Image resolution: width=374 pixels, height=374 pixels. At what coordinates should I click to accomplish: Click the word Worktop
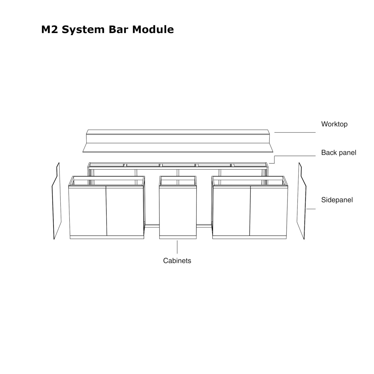point(334,124)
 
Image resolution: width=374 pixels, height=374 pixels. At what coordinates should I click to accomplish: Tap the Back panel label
point(339,152)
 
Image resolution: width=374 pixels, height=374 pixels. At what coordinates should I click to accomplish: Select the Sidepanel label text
point(337,200)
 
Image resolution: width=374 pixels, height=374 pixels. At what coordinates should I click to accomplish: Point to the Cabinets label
point(177,261)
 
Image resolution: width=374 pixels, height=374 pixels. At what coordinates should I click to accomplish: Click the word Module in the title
point(153,30)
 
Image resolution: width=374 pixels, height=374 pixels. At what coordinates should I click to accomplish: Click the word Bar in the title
point(119,30)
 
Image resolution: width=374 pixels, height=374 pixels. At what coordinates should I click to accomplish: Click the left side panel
point(56,201)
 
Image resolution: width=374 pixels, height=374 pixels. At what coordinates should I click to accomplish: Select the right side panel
point(302,201)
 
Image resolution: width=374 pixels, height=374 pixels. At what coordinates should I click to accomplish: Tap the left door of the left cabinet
point(88,211)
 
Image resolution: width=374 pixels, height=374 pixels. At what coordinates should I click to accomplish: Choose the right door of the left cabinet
point(125,211)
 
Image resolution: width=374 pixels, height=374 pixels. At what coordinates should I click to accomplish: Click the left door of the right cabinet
point(231,211)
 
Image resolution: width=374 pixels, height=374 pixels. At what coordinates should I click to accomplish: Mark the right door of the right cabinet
point(269,211)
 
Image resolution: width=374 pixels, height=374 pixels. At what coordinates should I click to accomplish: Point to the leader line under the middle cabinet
point(177,247)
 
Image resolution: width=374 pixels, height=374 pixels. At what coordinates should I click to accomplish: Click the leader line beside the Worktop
point(295,132)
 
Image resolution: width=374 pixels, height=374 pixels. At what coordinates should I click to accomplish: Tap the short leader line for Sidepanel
point(311,209)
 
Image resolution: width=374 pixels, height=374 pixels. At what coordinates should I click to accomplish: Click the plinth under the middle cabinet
point(178,237)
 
